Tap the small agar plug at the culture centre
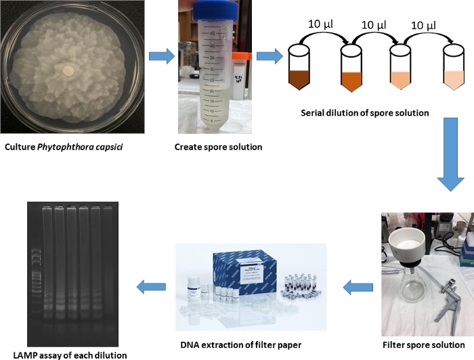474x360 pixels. (x=67, y=70)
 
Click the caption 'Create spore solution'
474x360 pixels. (x=209, y=147)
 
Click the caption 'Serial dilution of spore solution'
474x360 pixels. (x=364, y=113)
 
